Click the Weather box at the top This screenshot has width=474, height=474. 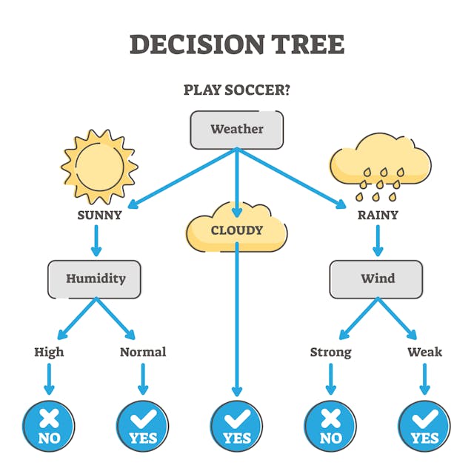[237, 130]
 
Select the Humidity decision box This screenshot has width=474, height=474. [94, 279]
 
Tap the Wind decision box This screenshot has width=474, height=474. [376, 279]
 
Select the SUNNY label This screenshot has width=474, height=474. [99, 216]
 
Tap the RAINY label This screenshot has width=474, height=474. [377, 216]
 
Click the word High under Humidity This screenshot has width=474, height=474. [49, 352]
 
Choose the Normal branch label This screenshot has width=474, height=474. [143, 352]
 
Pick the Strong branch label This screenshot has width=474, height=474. [330, 352]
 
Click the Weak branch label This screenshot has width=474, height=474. [424, 352]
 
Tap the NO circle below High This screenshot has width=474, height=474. [49, 427]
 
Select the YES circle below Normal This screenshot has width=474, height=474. [143, 427]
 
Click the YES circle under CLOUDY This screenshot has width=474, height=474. [236, 427]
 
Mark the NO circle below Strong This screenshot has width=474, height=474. [330, 427]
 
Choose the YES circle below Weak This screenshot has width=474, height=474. [424, 427]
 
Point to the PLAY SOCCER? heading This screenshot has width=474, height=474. [236, 90]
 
